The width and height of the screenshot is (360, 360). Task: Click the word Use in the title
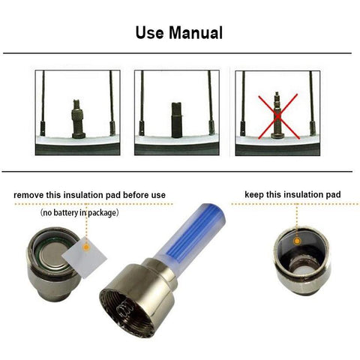(x=150, y=33)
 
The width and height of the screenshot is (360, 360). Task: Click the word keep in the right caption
(x=255, y=195)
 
